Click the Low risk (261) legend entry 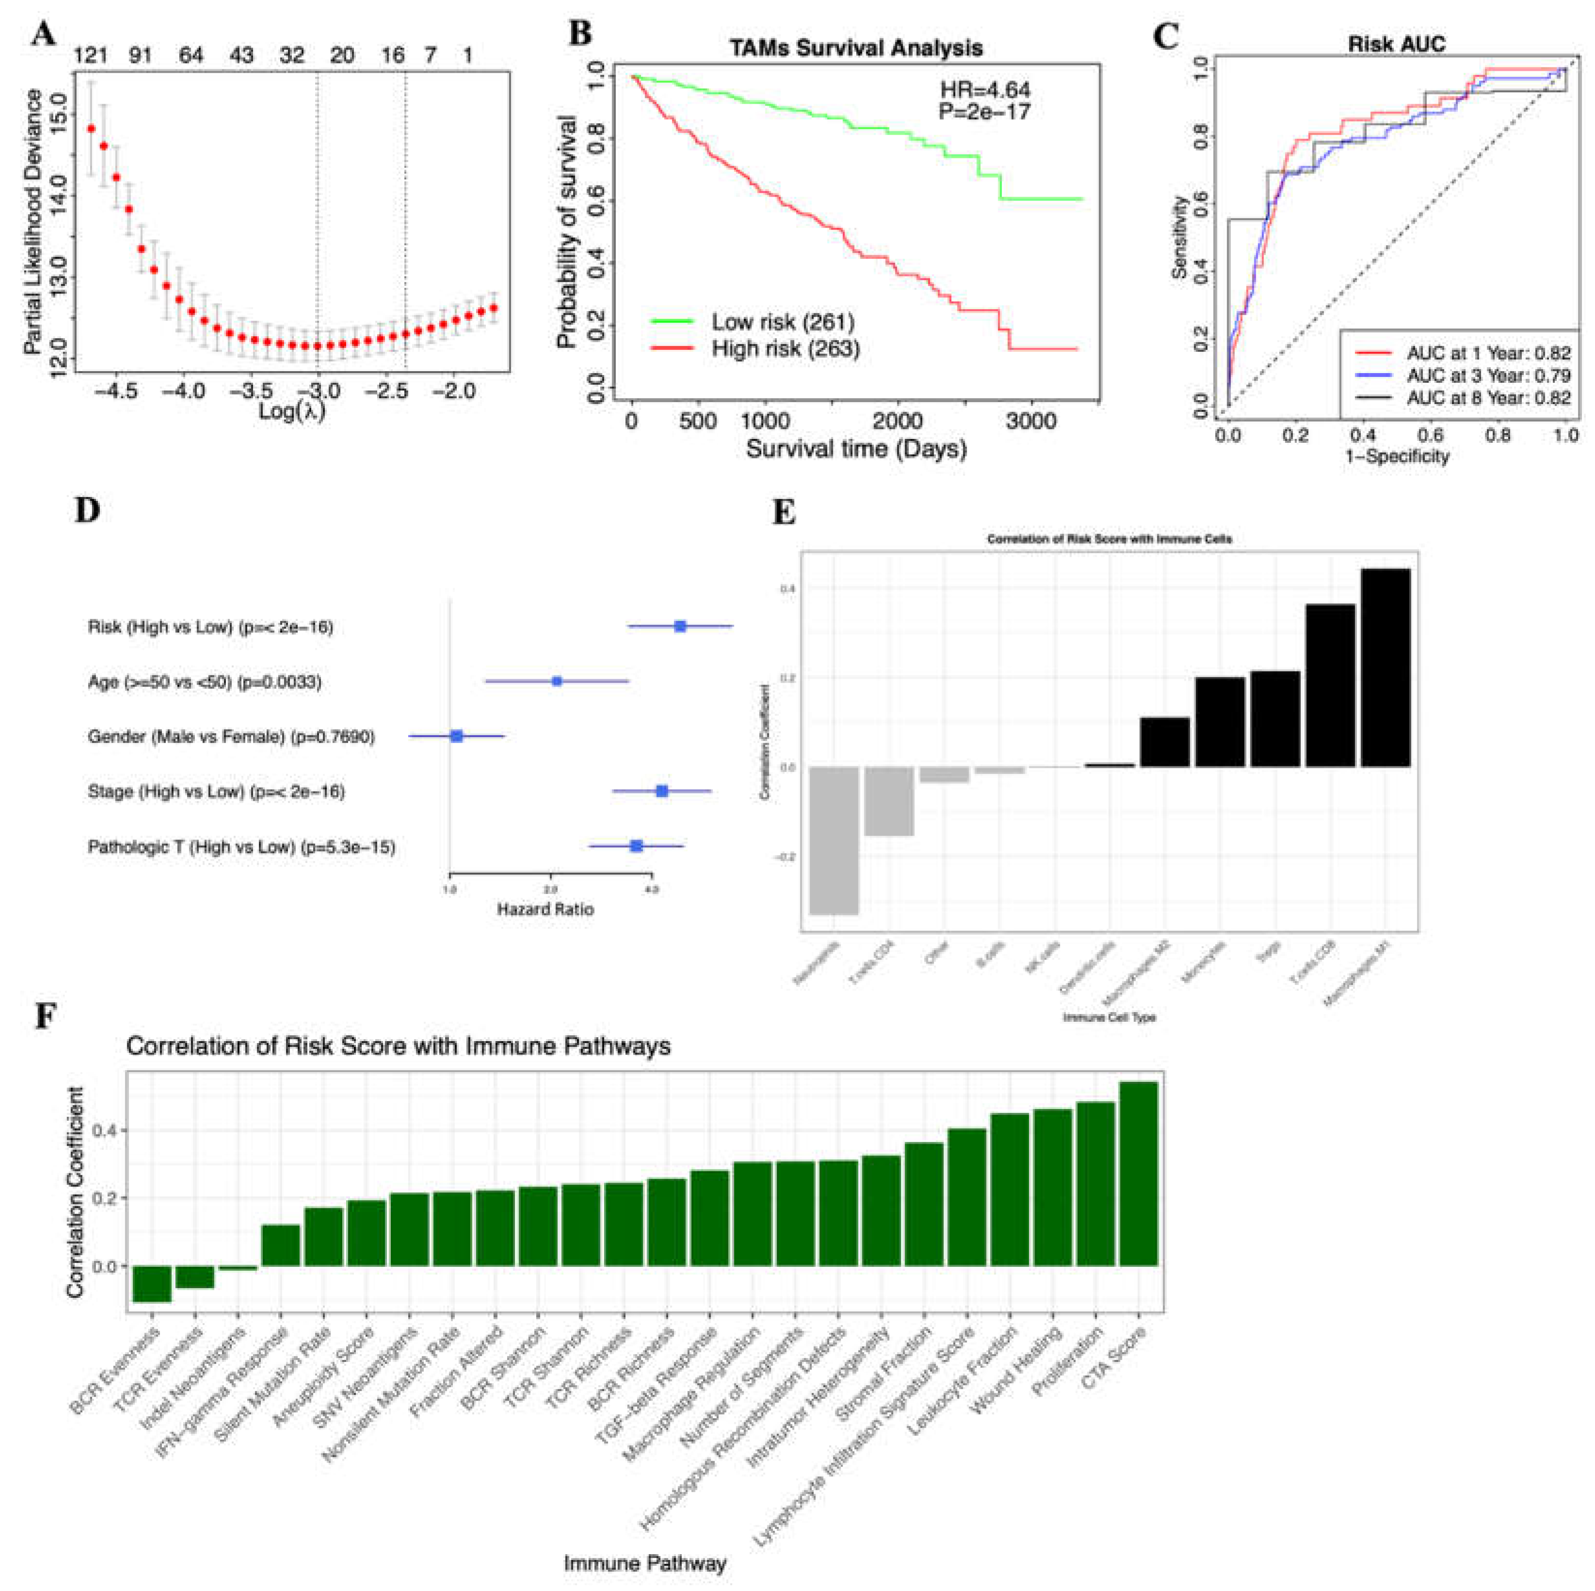782,322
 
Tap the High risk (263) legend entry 785,349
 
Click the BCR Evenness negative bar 152,1283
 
